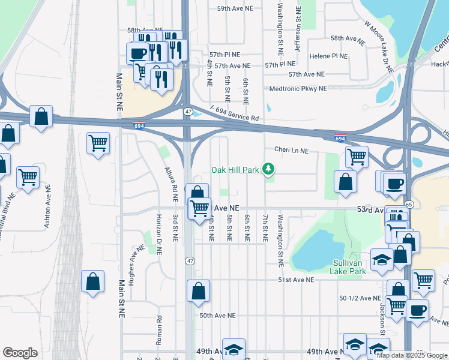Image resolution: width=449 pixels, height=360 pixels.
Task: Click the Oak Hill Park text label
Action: coord(235,170)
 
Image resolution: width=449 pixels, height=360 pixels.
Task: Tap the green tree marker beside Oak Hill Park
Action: coord(270,170)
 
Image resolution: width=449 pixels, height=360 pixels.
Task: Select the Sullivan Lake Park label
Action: coord(348,267)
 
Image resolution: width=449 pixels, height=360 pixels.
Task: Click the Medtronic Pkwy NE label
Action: coord(298,88)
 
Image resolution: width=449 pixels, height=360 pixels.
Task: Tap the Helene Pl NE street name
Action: coord(328,56)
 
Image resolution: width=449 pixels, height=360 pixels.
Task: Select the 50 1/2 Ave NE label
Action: coord(360,298)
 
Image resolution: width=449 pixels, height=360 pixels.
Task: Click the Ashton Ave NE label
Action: coord(49,208)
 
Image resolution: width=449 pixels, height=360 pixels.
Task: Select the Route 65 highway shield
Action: coord(409,205)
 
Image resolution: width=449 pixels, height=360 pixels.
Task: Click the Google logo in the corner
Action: coord(20,353)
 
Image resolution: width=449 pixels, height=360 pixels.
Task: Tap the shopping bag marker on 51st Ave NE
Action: coord(198,291)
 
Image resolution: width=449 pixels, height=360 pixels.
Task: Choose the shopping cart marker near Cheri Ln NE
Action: coord(357,157)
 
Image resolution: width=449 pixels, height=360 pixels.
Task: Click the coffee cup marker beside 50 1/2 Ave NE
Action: coord(417,310)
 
